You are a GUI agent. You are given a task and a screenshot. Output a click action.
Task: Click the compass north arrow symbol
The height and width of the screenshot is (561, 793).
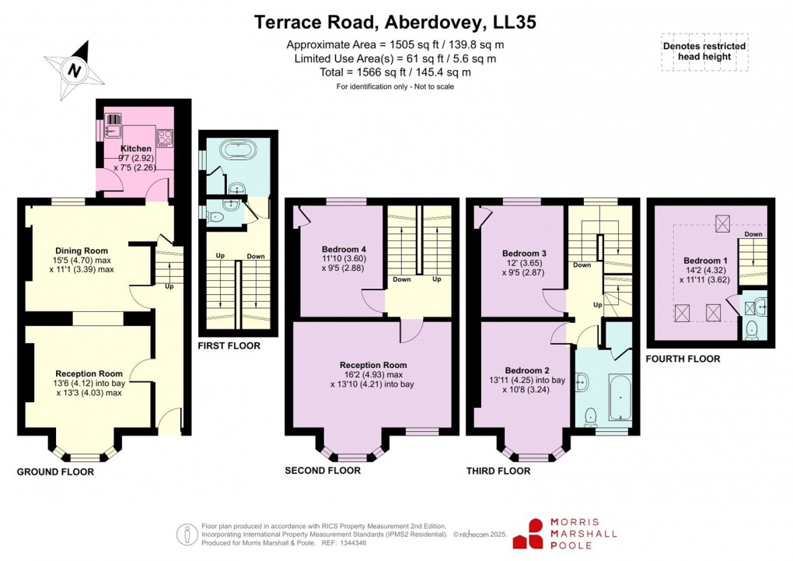75,70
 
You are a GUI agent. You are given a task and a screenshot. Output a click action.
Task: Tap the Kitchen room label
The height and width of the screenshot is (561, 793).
135,148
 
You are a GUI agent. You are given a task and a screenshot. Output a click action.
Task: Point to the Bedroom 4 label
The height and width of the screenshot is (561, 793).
335,249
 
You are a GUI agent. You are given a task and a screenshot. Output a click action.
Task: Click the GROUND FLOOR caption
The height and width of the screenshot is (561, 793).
55,472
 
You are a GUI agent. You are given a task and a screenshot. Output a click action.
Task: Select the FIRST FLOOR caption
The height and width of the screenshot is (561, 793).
229,345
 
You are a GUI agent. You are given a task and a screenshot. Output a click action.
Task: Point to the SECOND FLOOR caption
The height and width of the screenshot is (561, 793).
323,471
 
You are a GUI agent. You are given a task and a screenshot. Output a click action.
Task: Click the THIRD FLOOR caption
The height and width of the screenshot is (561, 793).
498,471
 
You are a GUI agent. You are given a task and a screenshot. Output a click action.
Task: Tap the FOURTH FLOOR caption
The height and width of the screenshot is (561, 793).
683,359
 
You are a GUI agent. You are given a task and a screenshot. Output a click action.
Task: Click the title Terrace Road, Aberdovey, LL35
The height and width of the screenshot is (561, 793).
396,23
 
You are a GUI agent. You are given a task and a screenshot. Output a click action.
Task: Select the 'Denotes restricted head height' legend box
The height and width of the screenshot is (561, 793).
704,51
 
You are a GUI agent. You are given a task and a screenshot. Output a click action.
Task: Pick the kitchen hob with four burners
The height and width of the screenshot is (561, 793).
165,138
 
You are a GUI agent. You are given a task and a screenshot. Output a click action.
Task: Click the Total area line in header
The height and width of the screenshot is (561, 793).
396,72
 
